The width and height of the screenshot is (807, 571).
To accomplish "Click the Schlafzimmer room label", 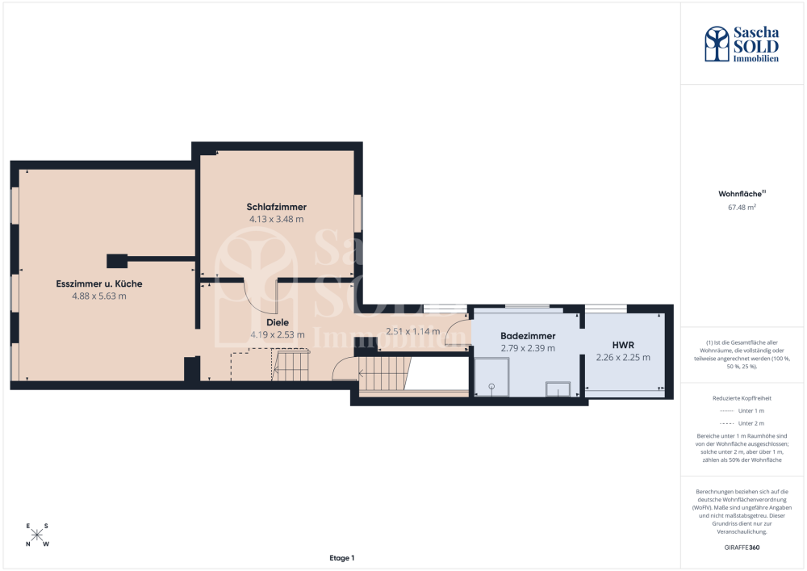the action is pyautogui.click(x=276, y=207).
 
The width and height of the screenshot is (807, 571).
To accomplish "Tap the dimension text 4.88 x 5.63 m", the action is pyautogui.click(x=98, y=296).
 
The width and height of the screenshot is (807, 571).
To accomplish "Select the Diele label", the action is pyautogui.click(x=278, y=322).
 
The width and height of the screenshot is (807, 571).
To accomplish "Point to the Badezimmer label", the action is pyautogui.click(x=528, y=336).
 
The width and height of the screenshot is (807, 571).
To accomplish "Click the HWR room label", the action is pyautogui.click(x=623, y=345).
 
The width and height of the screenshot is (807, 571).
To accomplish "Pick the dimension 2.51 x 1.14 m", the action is pyautogui.click(x=412, y=332).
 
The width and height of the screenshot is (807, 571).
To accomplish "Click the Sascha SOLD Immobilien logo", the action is pyautogui.click(x=742, y=44).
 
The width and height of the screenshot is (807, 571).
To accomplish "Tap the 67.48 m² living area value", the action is pyautogui.click(x=742, y=208).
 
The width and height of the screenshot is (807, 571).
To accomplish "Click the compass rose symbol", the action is pyautogui.click(x=37, y=535).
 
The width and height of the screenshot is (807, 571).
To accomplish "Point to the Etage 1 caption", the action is pyautogui.click(x=341, y=557).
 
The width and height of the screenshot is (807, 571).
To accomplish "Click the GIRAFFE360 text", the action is pyautogui.click(x=742, y=548).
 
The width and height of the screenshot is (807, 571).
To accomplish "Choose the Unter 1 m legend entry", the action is pyautogui.click(x=742, y=411).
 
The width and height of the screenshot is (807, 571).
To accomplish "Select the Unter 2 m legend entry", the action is pyautogui.click(x=742, y=423).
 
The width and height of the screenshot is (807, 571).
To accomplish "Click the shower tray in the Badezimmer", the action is pyautogui.click(x=491, y=377).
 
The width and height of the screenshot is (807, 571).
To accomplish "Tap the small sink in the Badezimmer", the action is pyautogui.click(x=558, y=388).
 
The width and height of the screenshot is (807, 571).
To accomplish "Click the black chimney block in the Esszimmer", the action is pyautogui.click(x=117, y=261).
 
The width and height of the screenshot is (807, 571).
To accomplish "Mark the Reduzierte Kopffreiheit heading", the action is pyautogui.click(x=742, y=398).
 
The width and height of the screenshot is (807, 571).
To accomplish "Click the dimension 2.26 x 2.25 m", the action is pyautogui.click(x=623, y=357).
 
